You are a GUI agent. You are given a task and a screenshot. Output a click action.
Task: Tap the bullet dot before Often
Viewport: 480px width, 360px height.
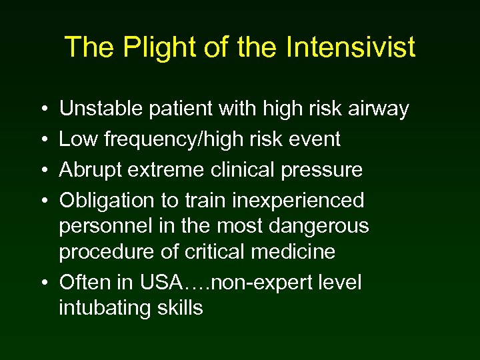coord(42,283)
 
